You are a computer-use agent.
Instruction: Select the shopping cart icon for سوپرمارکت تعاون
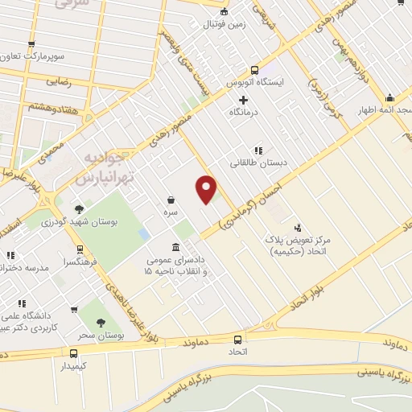pos(31,44)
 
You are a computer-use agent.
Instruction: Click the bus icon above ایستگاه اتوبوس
pos(254,69)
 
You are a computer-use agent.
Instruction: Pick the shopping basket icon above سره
pos(171,199)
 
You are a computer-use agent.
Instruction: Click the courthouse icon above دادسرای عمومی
pos(176,248)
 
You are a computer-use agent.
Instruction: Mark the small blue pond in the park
pos(143,233)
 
